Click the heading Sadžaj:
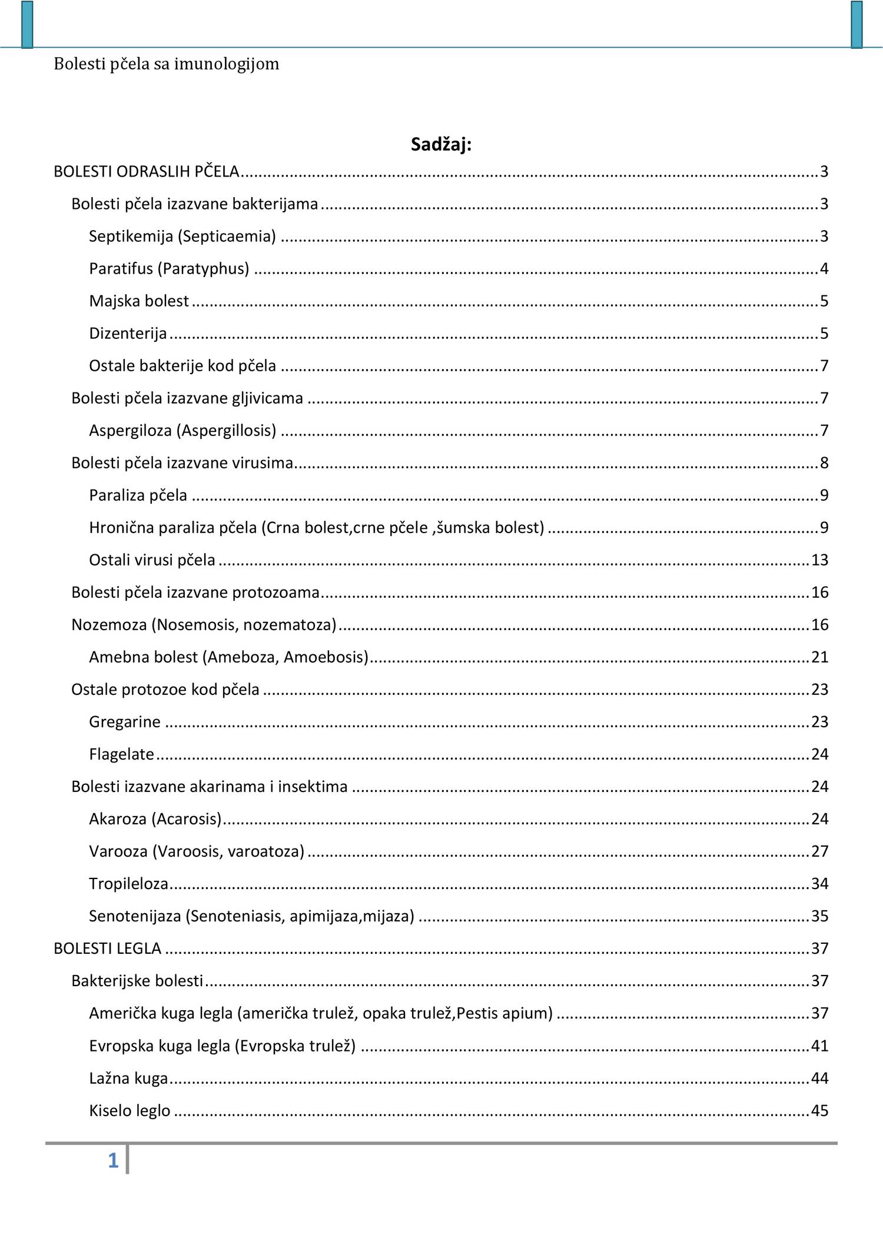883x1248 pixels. [x=441, y=144]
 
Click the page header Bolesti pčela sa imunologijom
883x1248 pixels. [x=167, y=64]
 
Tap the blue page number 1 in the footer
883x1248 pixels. [x=113, y=1160]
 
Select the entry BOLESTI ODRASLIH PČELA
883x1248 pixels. [x=147, y=171]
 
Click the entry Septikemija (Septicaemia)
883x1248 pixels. [x=182, y=236]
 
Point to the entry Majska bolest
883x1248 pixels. [x=139, y=301]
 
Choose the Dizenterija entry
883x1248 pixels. [x=128, y=333]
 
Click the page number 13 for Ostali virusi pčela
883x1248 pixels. [x=819, y=560]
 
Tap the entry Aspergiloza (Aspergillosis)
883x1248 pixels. [x=182, y=430]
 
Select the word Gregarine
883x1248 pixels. [x=125, y=721]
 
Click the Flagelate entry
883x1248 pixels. [x=121, y=754]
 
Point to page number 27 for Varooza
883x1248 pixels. [x=819, y=851]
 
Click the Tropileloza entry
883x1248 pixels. [x=128, y=883]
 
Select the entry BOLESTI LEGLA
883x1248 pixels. [x=107, y=948]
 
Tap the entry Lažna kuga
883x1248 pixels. [x=128, y=1078]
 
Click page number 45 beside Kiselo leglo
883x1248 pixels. [x=819, y=1110]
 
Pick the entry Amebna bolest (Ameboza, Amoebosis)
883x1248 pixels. [x=228, y=657]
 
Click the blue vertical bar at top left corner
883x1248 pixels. [x=27, y=24]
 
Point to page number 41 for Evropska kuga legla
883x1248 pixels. [x=819, y=1046]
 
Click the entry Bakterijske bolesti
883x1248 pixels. [x=137, y=980]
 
